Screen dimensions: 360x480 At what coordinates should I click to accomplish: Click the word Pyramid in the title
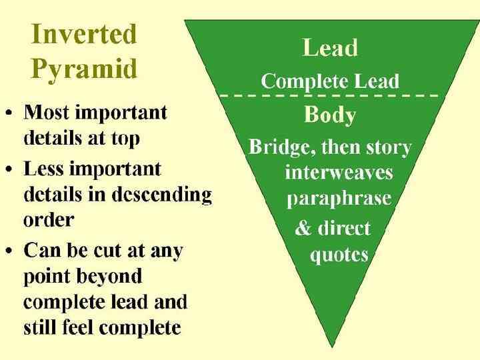pyautogui.click(x=84, y=69)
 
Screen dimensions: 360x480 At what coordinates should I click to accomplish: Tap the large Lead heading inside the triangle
pyautogui.click(x=330, y=47)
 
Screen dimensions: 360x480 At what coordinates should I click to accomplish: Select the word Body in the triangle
pyautogui.click(x=330, y=115)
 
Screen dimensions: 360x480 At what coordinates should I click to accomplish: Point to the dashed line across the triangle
pyautogui.click(x=329, y=96)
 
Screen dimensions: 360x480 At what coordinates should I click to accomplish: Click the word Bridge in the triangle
pyautogui.click(x=279, y=147)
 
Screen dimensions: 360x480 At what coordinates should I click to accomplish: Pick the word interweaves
pyautogui.click(x=339, y=173)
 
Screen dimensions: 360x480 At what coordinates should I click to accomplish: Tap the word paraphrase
pyautogui.click(x=339, y=199)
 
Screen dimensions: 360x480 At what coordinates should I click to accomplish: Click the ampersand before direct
pyautogui.click(x=303, y=228)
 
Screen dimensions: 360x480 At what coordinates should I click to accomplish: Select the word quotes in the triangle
pyautogui.click(x=339, y=255)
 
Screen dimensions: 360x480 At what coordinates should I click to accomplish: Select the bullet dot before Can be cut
pyautogui.click(x=11, y=252)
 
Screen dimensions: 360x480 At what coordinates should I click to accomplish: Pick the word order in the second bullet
pyautogui.click(x=49, y=219)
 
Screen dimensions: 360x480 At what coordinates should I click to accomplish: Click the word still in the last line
pyautogui.click(x=41, y=328)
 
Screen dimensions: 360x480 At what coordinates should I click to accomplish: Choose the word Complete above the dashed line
pyautogui.click(x=297, y=81)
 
